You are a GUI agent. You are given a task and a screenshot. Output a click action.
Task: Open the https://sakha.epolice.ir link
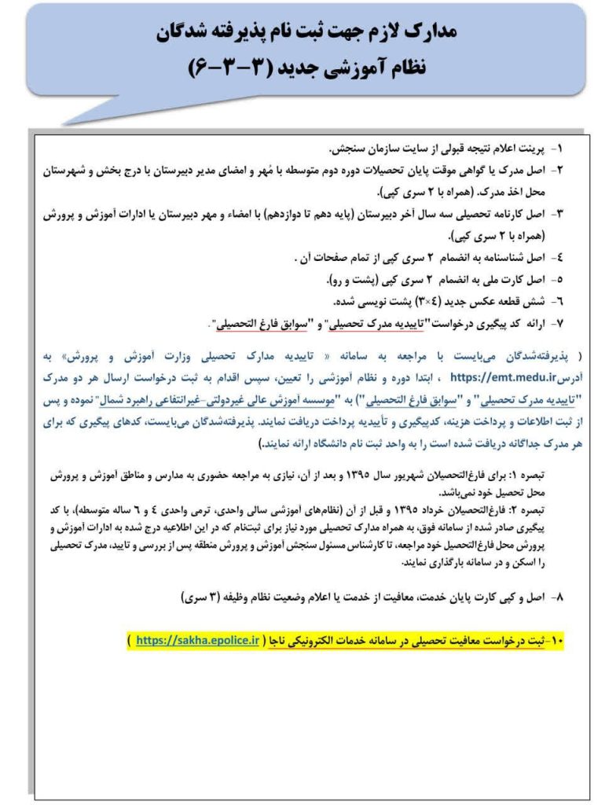tap(196, 641)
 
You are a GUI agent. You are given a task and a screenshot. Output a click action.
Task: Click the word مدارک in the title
tap(430, 32)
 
